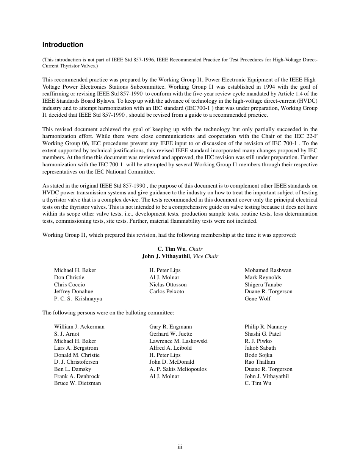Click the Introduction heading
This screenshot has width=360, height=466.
pyautogui.click(x=63, y=45)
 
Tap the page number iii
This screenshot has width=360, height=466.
pyautogui.click(x=180, y=447)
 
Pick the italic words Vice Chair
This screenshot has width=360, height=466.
pyautogui.click(x=205, y=256)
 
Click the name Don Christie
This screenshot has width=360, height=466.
pyautogui.click(x=69, y=277)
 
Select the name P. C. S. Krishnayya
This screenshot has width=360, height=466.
pyautogui.click(x=78, y=299)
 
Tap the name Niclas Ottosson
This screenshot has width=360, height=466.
pyautogui.click(x=168, y=285)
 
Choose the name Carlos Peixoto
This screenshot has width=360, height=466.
pyautogui.click(x=167, y=291)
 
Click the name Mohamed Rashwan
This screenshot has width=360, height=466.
pyautogui.click(x=268, y=270)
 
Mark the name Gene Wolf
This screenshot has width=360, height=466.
pyautogui.click(x=258, y=299)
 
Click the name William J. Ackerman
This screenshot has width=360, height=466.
pyautogui.click(x=79, y=327)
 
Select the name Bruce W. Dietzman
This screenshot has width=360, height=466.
pyautogui.click(x=77, y=383)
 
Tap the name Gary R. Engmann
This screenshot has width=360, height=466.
pyautogui.click(x=171, y=327)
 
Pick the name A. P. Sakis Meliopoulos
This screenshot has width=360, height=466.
pyautogui.click(x=178, y=369)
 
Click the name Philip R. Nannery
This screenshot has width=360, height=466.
pyautogui.click(x=266, y=327)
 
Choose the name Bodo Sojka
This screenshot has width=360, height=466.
pyautogui.click(x=258, y=355)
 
